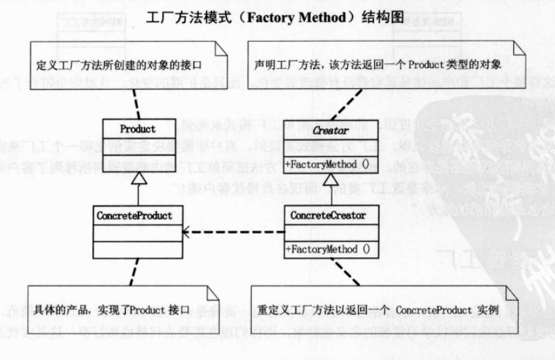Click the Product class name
point(138,129)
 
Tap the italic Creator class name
point(330,129)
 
